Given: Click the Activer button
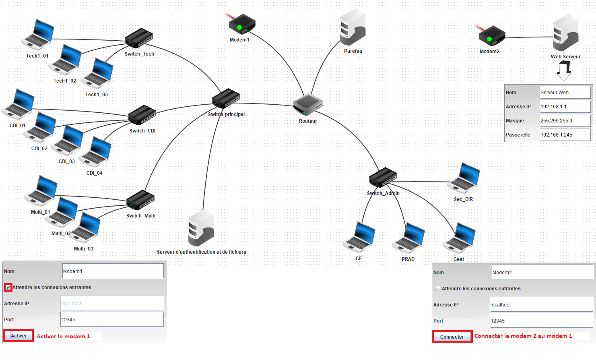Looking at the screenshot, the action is [x=19, y=336].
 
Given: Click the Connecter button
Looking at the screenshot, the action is [x=452, y=337].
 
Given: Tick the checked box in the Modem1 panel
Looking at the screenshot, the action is [x=8, y=287].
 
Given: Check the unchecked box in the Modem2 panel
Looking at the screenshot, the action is [x=437, y=288].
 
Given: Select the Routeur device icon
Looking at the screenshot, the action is [x=308, y=104].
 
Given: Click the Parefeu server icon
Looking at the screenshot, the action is [x=353, y=27].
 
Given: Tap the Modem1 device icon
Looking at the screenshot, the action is [x=242, y=24].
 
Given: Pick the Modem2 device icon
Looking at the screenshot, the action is [x=492, y=36].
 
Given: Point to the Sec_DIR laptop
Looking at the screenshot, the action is [x=464, y=178].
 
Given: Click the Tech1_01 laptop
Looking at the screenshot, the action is [x=38, y=34].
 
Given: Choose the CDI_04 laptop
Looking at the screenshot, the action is [x=95, y=152].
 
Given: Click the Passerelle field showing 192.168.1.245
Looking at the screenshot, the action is [x=565, y=135].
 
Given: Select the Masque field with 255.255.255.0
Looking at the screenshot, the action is [x=565, y=121].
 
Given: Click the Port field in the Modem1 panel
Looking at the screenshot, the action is [x=112, y=319].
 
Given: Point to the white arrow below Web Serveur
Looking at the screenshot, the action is [x=564, y=70].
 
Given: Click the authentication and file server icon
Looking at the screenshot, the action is [x=201, y=228].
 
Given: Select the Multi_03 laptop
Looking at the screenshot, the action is [x=86, y=228].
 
